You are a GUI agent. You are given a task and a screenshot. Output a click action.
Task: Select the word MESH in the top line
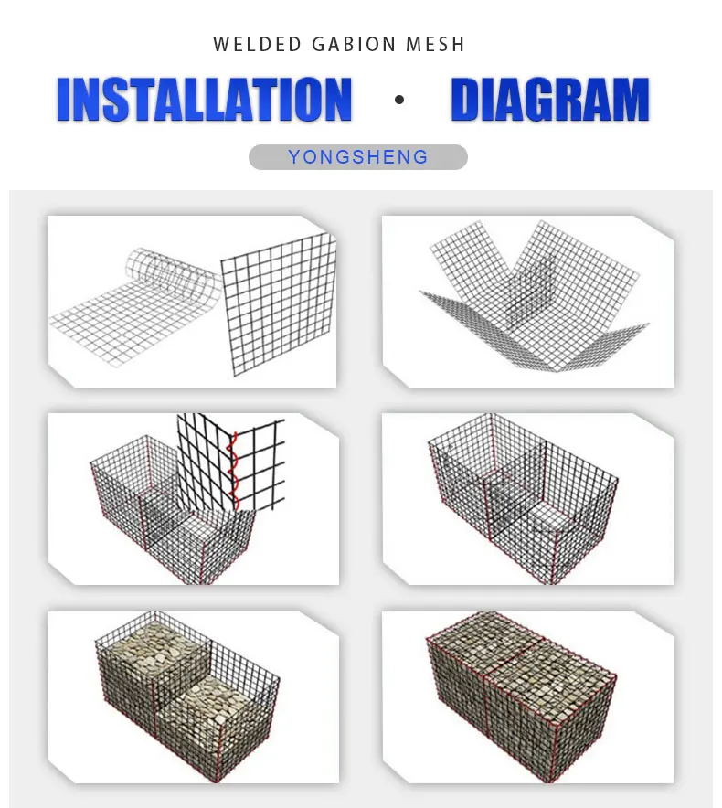pyautogui.click(x=438, y=44)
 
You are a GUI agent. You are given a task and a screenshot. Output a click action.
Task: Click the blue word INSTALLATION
pyautogui.click(x=204, y=100)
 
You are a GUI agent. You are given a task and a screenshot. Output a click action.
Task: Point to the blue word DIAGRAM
pyautogui.click(x=550, y=100)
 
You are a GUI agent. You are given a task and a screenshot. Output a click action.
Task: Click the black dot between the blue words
pyautogui.click(x=399, y=100)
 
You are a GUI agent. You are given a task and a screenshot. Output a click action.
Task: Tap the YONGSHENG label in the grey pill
pyautogui.click(x=358, y=157)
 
